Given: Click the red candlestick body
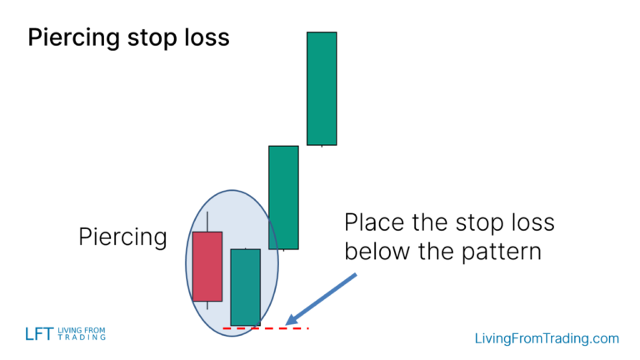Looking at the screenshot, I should pyautogui.click(x=207, y=266).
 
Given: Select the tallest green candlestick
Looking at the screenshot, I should pyautogui.click(x=322, y=88).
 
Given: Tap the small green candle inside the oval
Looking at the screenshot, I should pyautogui.click(x=245, y=287).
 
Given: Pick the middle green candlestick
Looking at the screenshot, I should pyautogui.click(x=283, y=197).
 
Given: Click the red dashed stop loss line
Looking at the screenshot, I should pyautogui.click(x=266, y=328).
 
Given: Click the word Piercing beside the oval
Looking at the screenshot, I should pyautogui.click(x=122, y=237).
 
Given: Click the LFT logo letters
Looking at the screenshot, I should pyautogui.click(x=39, y=334).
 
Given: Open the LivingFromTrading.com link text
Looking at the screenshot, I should pyautogui.click(x=547, y=338).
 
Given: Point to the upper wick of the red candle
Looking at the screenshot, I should pyautogui.click(x=207, y=222).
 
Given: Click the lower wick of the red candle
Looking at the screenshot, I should pyautogui.click(x=207, y=305).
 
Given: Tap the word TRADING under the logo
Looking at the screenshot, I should pyautogui.click(x=82, y=337).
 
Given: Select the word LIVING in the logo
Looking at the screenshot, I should pyautogui.click(x=72, y=330).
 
